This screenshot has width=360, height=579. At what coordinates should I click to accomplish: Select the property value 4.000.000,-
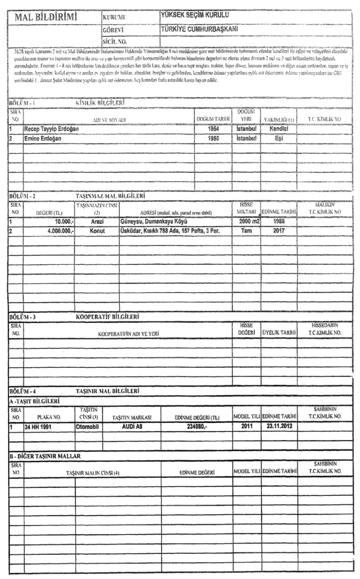[53, 231]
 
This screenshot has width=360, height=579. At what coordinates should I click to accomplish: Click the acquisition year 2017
[278, 231]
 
